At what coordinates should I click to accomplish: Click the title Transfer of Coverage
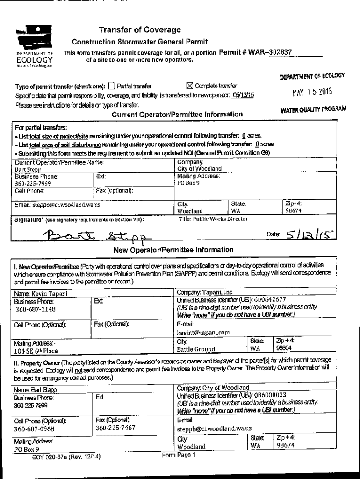(140, 30)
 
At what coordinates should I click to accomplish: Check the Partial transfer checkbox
(111, 86)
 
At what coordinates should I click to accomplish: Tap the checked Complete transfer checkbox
(189, 86)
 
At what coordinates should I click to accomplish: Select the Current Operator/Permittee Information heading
(177, 115)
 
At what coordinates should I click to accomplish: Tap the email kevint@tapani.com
(203, 333)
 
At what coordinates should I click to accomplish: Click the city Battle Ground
(196, 349)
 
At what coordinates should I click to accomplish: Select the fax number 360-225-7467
(115, 428)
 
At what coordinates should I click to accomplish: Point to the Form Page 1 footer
(179, 455)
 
